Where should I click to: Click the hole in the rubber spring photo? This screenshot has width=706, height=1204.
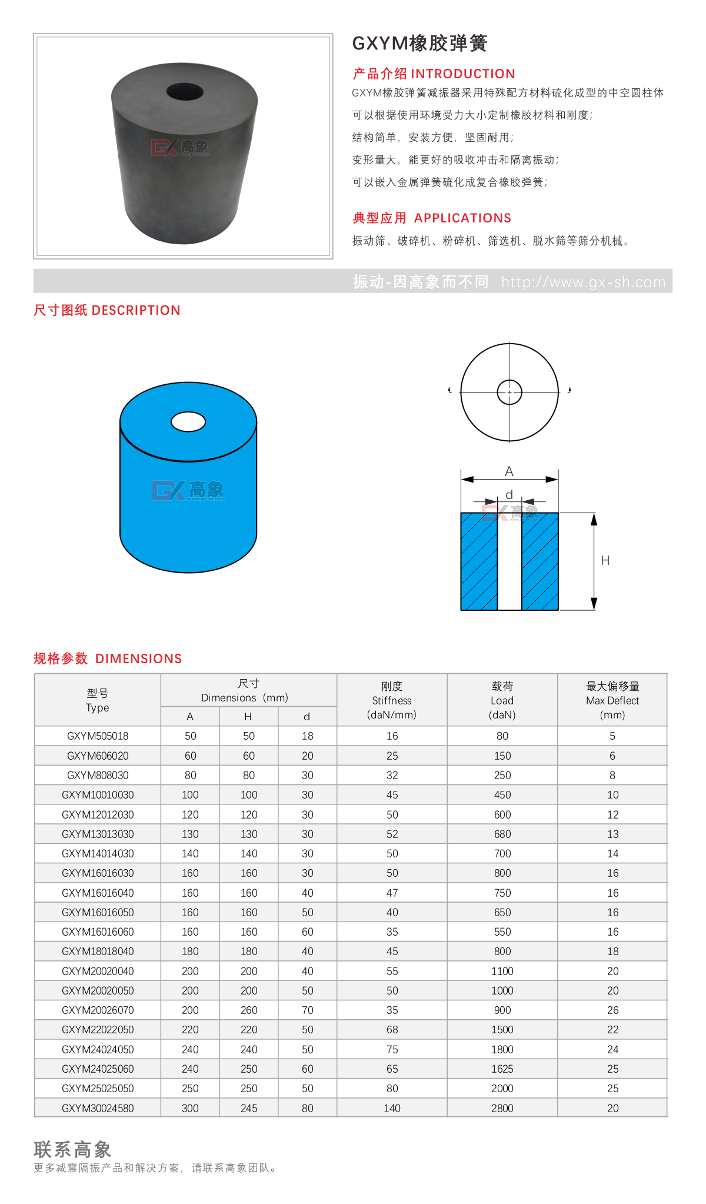point(185,92)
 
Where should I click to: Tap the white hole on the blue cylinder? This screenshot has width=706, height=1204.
point(188,421)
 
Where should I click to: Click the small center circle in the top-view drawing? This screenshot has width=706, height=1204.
point(509,392)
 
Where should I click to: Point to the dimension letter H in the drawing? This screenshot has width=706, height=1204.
point(605,561)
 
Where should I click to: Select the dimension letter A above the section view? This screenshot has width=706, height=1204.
point(509,471)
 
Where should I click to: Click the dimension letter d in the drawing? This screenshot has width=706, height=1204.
point(509,495)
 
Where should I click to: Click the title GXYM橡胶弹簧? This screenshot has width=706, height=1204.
point(419,44)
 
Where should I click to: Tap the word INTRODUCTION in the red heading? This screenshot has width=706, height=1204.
point(462,74)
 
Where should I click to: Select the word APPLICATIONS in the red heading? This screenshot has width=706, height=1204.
point(462,218)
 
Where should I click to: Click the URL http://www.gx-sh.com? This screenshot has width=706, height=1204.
point(583,282)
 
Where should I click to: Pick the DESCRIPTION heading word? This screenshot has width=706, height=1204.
point(136,311)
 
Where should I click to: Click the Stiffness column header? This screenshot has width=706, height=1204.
point(392,700)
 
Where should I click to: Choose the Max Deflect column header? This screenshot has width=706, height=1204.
point(612,700)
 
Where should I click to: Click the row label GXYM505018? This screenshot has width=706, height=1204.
point(98,736)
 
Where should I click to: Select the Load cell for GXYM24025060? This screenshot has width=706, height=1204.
point(502,1069)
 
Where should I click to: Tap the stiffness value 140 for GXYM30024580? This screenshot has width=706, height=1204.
point(392,1108)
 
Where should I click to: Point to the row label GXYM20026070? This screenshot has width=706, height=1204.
point(98,1010)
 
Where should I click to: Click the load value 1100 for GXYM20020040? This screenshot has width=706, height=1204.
point(502,971)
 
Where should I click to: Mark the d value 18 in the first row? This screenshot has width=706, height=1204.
point(307,736)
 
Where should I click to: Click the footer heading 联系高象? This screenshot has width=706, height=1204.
point(72,1149)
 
